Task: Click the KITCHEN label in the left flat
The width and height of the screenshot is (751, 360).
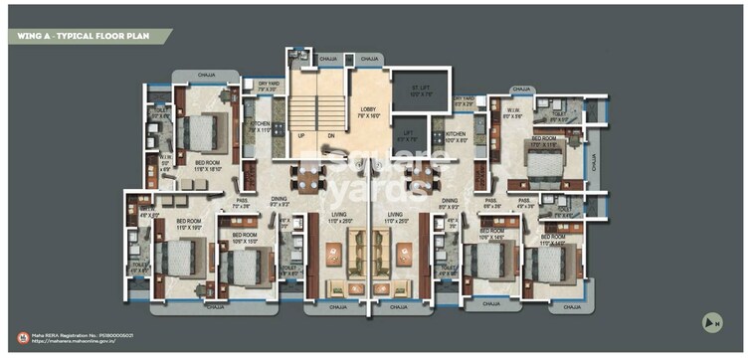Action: tap(260, 126)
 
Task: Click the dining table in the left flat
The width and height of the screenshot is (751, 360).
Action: tap(308, 179)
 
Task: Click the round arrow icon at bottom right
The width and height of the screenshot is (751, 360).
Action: tap(712, 321)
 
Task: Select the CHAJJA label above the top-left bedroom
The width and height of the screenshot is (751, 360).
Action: tap(206, 75)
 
